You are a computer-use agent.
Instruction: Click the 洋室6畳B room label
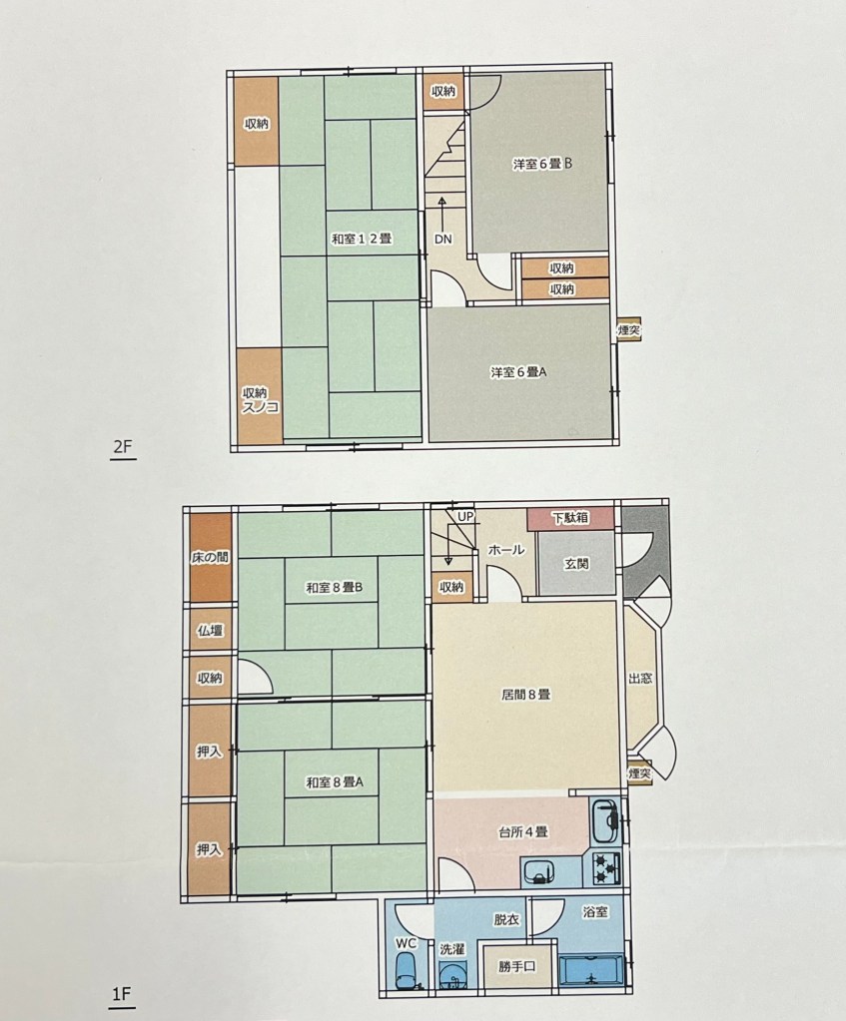(542, 164)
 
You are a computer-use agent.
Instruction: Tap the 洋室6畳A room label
(518, 373)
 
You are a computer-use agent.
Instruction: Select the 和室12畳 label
(362, 239)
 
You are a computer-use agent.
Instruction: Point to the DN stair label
(443, 239)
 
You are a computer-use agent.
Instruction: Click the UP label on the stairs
(465, 516)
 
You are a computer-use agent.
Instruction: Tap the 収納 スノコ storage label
(260, 400)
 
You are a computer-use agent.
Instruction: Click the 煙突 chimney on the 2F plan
(629, 330)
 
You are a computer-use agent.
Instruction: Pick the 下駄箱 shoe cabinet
(571, 518)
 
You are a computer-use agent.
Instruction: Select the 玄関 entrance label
(576, 563)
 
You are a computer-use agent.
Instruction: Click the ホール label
(506, 550)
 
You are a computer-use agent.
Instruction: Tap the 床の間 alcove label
(210, 558)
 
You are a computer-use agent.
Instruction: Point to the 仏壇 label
(210, 631)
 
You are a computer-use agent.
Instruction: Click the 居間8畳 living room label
(526, 695)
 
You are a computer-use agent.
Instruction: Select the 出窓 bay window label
(640, 679)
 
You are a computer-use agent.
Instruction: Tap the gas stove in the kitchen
(606, 868)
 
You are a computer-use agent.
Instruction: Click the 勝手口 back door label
(517, 967)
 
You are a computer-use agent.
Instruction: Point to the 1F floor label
(122, 994)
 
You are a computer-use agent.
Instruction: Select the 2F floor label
(123, 447)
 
